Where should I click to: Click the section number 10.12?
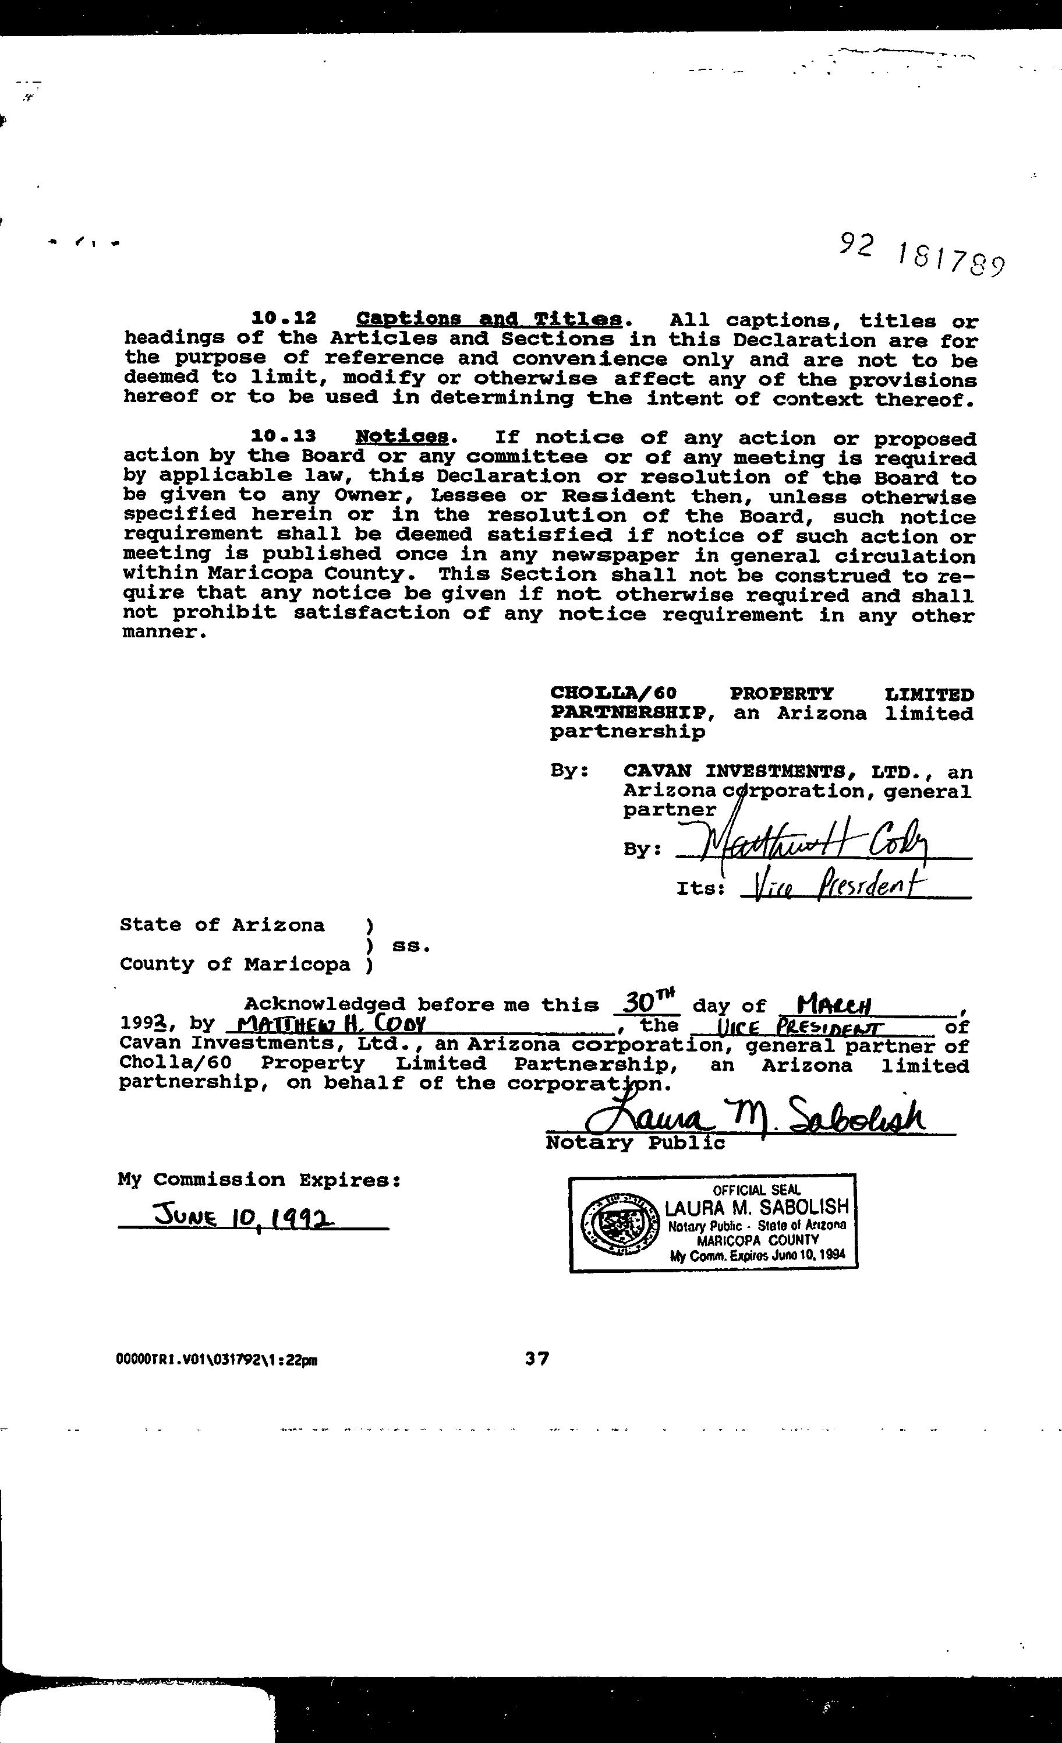coord(284,318)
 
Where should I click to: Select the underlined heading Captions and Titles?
coord(488,319)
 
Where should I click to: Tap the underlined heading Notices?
coord(402,436)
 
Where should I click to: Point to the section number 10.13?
coord(284,436)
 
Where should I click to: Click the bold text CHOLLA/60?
coord(613,694)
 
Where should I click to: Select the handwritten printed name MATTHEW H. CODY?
coord(330,1024)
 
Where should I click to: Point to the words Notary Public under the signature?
coord(634,1143)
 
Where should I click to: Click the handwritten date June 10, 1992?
coord(244,1217)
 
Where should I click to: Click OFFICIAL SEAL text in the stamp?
coord(756,1191)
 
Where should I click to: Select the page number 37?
coord(537,1357)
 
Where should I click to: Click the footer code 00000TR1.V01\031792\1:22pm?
coord(217,1360)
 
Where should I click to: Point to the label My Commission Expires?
coord(260,1180)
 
